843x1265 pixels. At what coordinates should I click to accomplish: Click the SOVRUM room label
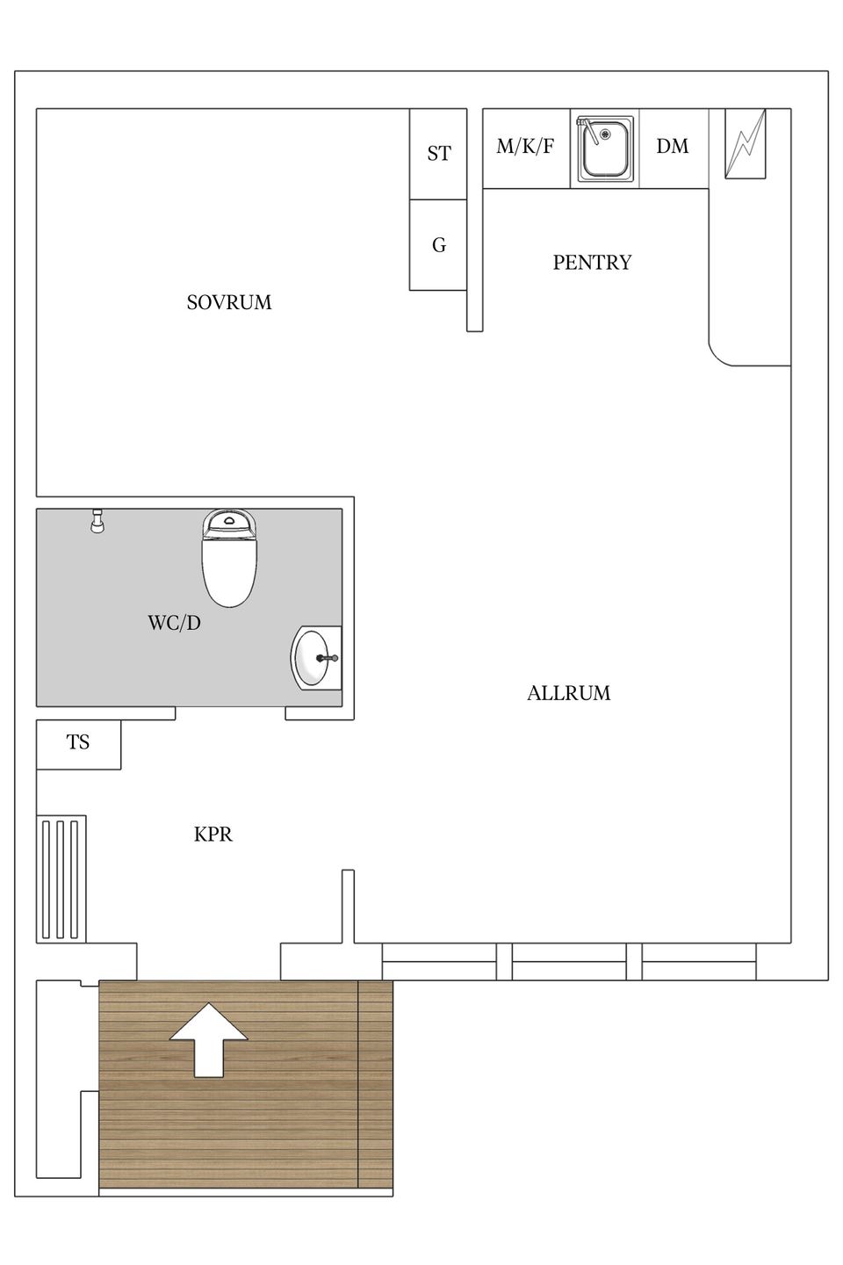coord(229,302)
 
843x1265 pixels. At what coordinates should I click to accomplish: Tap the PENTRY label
coord(592,263)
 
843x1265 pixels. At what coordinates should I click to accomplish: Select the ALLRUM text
coord(568,693)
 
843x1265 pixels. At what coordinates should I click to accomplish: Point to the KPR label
coord(213,835)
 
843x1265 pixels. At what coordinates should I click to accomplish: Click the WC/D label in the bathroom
coord(174,623)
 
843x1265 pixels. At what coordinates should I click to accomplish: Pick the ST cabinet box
coord(438,154)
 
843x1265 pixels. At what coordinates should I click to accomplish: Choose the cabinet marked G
coord(438,245)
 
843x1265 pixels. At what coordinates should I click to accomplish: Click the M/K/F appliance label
coord(525,147)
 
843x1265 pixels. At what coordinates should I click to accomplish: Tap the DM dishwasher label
coord(673,147)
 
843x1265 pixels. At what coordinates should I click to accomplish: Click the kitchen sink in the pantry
coord(604,148)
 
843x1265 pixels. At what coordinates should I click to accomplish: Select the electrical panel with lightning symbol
coord(745,144)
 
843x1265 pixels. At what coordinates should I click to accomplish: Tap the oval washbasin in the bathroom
coord(315,658)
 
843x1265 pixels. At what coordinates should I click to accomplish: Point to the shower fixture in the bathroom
coord(98,521)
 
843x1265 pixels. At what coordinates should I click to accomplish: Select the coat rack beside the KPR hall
coord(61,878)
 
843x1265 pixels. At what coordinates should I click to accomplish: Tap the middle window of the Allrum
coord(568,962)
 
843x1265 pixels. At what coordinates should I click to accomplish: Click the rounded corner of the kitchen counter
coord(724,351)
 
